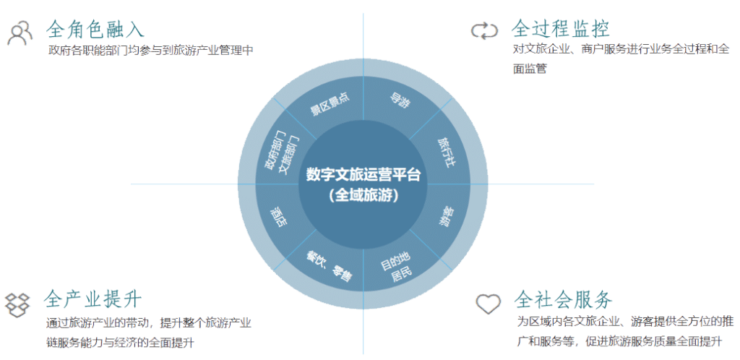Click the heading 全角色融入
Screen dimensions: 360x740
(95, 29)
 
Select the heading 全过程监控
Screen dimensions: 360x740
(559, 29)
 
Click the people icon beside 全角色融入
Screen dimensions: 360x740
(20, 32)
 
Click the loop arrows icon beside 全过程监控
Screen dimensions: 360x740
(484, 30)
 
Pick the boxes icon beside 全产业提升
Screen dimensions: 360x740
(19, 304)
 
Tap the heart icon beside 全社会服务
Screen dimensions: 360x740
(488, 303)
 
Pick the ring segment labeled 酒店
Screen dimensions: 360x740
(279, 217)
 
